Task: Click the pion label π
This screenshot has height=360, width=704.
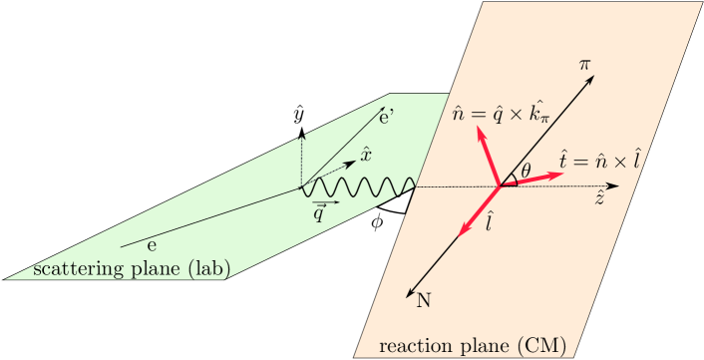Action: pos(585,65)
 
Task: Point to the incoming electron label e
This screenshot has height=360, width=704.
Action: pos(151,241)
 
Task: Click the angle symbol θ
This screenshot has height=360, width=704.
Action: pos(528,169)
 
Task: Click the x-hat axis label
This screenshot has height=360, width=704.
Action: pos(366,155)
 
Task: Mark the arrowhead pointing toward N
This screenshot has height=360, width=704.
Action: pos(411,291)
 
